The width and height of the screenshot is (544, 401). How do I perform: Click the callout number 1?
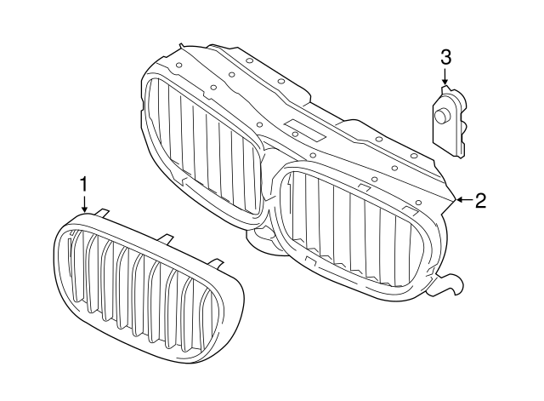coord(84,184)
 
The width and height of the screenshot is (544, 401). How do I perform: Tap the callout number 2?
coord(480,201)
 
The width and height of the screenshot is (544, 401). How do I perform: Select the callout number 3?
coord(445,57)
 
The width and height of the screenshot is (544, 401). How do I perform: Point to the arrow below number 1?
coord(84,204)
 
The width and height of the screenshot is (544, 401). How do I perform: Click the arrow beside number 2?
coord(462,201)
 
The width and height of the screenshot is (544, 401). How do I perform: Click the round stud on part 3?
coord(442,117)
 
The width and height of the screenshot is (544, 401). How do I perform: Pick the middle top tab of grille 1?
coord(164,238)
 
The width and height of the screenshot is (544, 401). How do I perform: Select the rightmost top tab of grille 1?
coord(215,261)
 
